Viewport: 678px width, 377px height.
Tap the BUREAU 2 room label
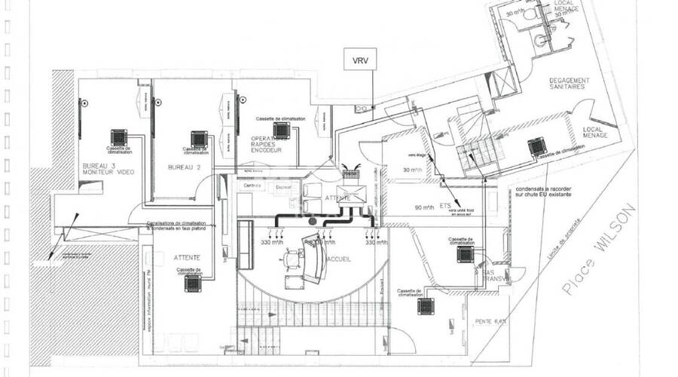pyautogui.click(x=185, y=167)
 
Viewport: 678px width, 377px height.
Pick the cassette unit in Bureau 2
pyautogui.click(x=199, y=139)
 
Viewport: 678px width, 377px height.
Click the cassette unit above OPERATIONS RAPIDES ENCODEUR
pyautogui.click(x=282, y=130)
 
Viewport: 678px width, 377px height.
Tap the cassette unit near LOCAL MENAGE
pyautogui.click(x=537, y=146)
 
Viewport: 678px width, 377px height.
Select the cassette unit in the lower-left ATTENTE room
pyautogui.click(x=194, y=283)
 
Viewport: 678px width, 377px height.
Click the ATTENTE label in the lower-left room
pyautogui.click(x=187, y=257)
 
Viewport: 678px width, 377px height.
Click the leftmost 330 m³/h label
pyautogui.click(x=271, y=243)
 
